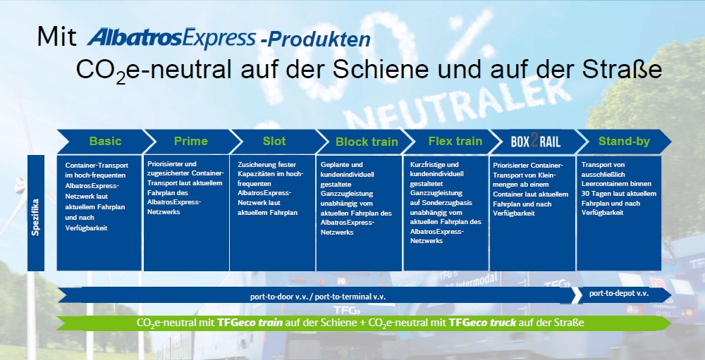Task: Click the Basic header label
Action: pyautogui.click(x=105, y=141)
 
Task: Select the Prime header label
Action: pyautogui.click(x=190, y=141)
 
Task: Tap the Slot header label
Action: pyautogui.click(x=274, y=141)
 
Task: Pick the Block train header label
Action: pyautogui.click(x=367, y=142)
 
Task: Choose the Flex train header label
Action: pyautogui.click(x=455, y=141)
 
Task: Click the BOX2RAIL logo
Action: pyautogui.click(x=536, y=142)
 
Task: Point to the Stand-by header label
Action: pyautogui.click(x=624, y=142)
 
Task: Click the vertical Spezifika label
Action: pyautogui.click(x=36, y=217)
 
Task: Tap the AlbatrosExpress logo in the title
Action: pyautogui.click(x=171, y=38)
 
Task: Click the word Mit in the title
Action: pyautogui.click(x=56, y=37)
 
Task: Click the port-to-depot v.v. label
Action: pyautogui.click(x=619, y=294)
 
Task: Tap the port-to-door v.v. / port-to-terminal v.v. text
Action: pyautogui.click(x=318, y=297)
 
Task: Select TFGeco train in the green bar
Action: pyautogui.click(x=250, y=323)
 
